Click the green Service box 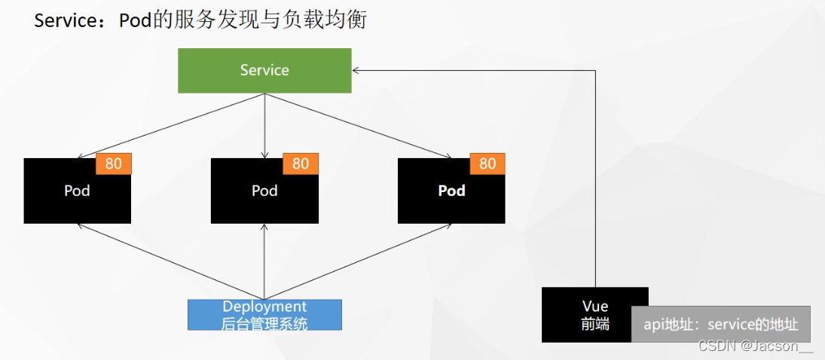[x=264, y=71]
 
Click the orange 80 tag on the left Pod [x=114, y=163]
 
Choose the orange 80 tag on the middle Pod [x=301, y=163]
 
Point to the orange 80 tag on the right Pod [x=487, y=163]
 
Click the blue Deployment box [x=264, y=315]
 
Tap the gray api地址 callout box [x=720, y=325]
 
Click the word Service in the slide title [x=63, y=20]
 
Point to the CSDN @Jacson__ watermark [x=756, y=346]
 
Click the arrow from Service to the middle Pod [x=264, y=124]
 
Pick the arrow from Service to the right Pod [x=358, y=126]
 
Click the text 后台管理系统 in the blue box [x=264, y=323]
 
